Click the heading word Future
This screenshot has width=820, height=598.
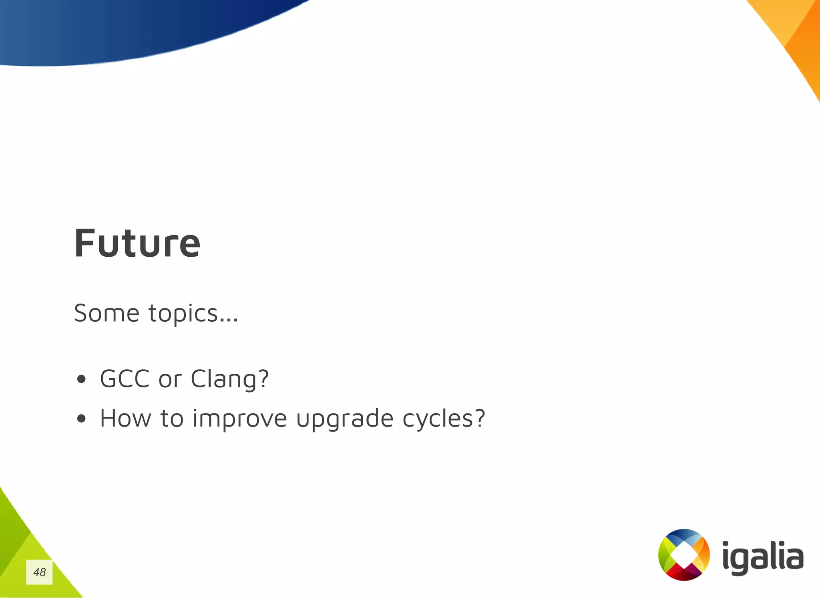(x=137, y=243)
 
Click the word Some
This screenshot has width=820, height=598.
(x=107, y=313)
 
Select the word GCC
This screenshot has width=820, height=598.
(x=125, y=379)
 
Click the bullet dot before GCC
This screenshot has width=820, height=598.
(x=81, y=379)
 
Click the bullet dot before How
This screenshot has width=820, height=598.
(x=81, y=419)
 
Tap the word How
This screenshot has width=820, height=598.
(x=125, y=419)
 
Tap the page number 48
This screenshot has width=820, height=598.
(x=39, y=572)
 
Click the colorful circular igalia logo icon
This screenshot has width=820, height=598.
(x=684, y=555)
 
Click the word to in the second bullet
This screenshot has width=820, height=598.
(x=172, y=419)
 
